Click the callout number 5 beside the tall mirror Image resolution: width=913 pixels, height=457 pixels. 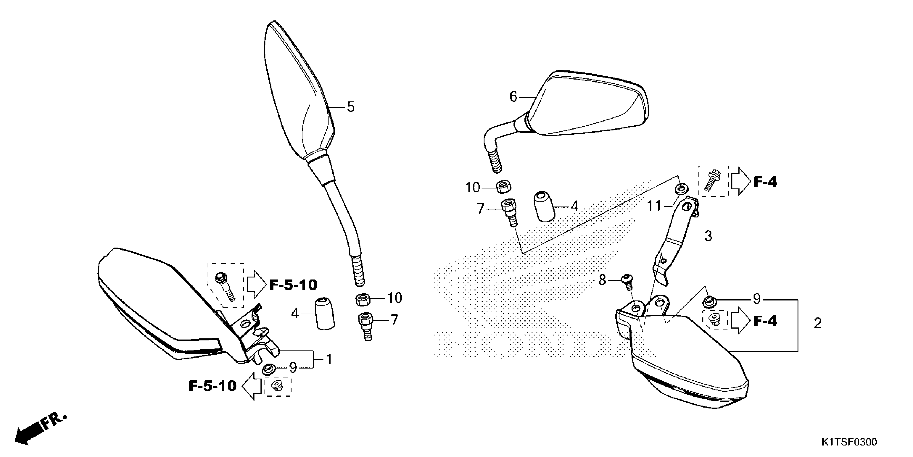click(x=350, y=107)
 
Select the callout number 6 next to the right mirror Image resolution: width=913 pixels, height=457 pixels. click(x=513, y=97)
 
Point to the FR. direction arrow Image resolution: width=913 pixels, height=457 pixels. click(x=39, y=429)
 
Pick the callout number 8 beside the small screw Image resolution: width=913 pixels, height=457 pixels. click(x=602, y=280)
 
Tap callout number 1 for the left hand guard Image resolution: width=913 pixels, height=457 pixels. click(x=329, y=359)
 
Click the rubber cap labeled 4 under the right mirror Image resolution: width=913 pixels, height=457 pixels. click(x=544, y=206)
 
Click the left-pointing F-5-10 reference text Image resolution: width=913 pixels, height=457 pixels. click(x=212, y=386)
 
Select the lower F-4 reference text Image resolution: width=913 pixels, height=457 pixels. click(x=765, y=321)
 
